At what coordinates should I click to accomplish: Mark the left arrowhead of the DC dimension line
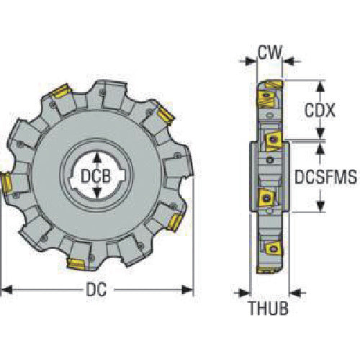(6, 290)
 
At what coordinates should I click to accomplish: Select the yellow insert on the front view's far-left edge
(4, 184)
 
